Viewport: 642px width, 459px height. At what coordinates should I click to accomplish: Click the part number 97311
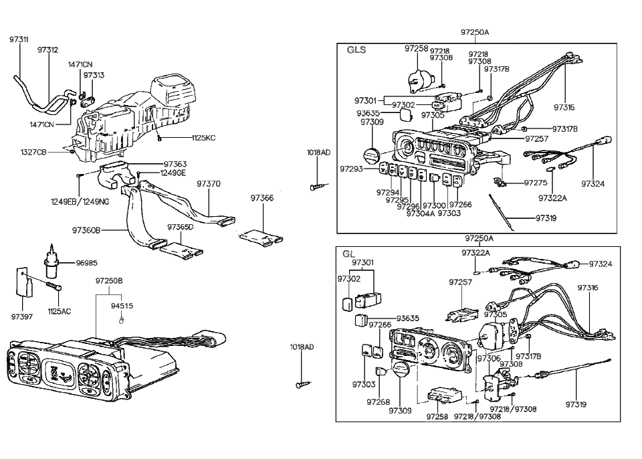click(x=19, y=39)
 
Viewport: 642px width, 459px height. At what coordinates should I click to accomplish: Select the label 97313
click(x=94, y=76)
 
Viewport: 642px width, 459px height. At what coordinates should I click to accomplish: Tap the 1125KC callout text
click(x=203, y=138)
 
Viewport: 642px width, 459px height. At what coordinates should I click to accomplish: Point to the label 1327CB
click(x=33, y=152)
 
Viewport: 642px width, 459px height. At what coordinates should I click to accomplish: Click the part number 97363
click(x=175, y=164)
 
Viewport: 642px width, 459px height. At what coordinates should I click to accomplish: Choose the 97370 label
click(x=209, y=183)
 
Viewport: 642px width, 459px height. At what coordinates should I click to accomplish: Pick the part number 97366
click(x=262, y=198)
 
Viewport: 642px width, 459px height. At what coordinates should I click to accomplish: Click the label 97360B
click(x=86, y=230)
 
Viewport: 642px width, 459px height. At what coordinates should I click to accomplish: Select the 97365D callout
click(x=180, y=227)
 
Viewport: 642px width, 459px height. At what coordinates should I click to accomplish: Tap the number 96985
click(x=86, y=263)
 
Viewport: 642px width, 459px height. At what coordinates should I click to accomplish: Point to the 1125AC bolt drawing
click(x=52, y=286)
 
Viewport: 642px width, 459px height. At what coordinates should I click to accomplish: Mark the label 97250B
click(x=109, y=281)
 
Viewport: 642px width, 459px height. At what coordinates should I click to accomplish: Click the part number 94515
click(x=122, y=305)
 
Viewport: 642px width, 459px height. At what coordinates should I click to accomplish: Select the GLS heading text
click(x=356, y=50)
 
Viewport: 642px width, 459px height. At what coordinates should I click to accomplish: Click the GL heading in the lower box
click(x=348, y=254)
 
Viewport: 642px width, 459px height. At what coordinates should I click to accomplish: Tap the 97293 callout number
click(x=351, y=169)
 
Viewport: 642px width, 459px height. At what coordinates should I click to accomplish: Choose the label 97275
click(x=536, y=183)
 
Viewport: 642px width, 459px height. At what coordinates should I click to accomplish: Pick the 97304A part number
click(x=420, y=213)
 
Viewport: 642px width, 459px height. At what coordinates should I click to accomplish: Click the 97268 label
click(x=378, y=402)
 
